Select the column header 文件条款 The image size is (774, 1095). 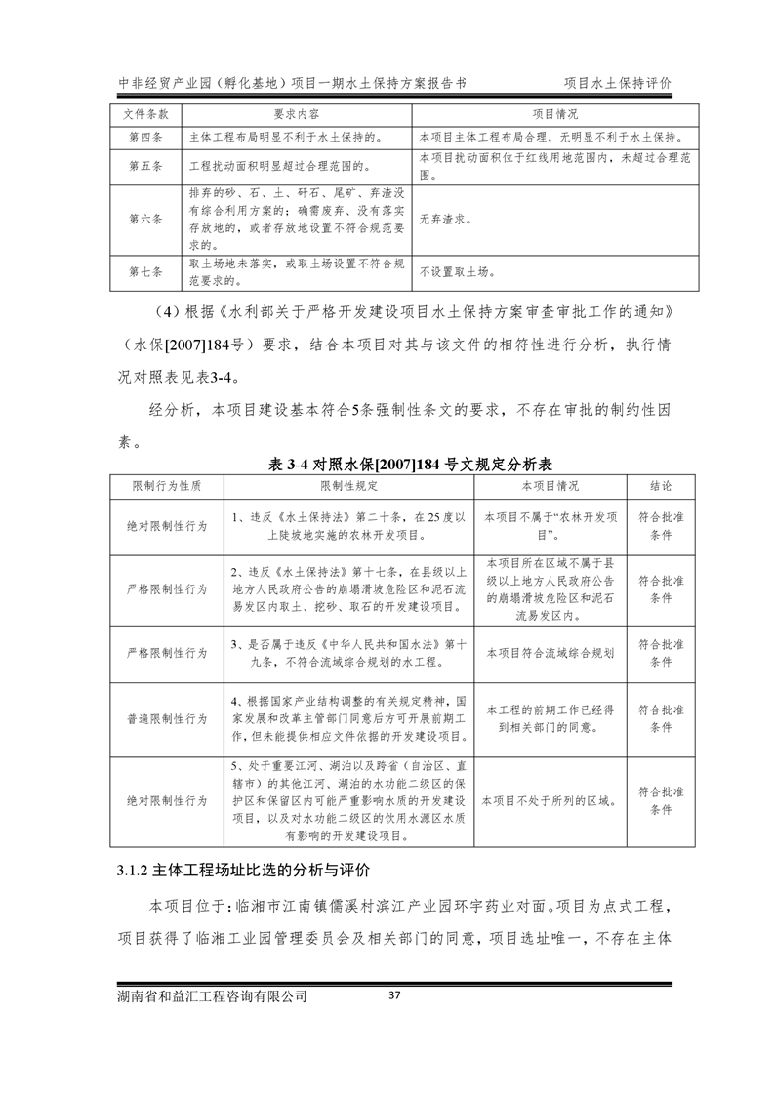click(145, 113)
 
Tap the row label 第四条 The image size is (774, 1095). click(145, 137)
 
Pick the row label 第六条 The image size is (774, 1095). click(145, 220)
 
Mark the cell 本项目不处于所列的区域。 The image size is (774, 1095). click(549, 800)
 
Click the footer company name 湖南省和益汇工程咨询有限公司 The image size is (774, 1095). click(211, 996)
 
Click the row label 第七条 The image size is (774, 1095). click(145, 273)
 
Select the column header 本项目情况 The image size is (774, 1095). click(549, 485)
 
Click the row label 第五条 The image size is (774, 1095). click(145, 166)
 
